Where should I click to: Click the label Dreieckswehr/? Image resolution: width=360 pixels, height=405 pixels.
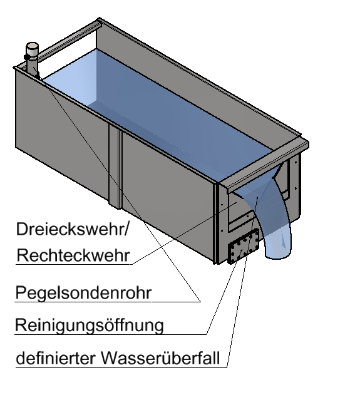click(72, 229)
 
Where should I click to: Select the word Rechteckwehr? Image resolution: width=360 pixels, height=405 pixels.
click(73, 255)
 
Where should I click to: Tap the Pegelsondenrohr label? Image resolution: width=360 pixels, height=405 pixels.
click(83, 293)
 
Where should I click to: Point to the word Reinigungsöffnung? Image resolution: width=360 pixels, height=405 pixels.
click(90, 325)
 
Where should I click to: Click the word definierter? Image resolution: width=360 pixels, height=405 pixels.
click(56, 358)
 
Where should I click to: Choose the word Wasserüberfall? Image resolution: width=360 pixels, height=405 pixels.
click(160, 358)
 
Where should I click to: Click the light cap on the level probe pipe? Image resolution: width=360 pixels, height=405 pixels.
click(33, 49)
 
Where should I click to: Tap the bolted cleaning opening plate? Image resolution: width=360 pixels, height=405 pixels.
click(244, 246)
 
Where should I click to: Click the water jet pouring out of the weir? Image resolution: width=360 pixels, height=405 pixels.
click(269, 220)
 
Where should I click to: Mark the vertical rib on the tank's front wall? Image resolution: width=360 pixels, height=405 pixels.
click(115, 166)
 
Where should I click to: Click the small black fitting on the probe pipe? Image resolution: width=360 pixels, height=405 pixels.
click(26, 56)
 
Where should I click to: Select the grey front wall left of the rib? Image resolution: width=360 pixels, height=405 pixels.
click(62, 135)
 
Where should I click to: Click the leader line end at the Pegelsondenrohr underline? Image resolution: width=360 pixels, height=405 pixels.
click(200, 302)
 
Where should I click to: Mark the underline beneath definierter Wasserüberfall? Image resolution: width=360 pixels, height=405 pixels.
click(121, 367)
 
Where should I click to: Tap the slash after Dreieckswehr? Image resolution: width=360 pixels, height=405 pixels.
click(126, 229)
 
